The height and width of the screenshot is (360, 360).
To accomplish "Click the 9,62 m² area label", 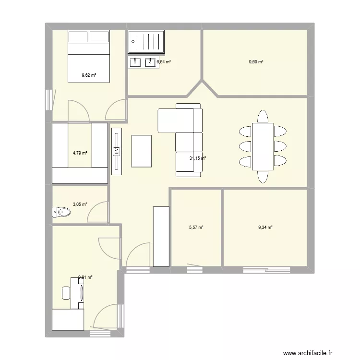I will (x=89, y=75).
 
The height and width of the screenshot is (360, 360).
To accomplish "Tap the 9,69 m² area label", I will (x=256, y=61).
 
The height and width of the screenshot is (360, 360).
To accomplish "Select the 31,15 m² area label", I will (x=197, y=158).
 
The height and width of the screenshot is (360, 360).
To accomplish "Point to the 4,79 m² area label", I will (x=80, y=153).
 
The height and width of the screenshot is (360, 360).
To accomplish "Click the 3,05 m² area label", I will (x=80, y=204).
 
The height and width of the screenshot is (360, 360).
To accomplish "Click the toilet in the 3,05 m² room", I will (x=61, y=211).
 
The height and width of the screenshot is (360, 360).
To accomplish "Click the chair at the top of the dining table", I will (x=263, y=116).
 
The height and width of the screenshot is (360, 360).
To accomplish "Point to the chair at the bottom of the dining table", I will (x=263, y=177).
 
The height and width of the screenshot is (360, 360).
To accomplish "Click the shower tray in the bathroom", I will (x=147, y=40).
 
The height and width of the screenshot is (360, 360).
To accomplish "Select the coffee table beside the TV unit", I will (x=142, y=151).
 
